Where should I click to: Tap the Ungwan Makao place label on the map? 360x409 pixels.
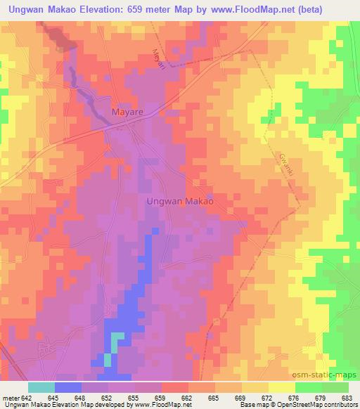click(179, 200)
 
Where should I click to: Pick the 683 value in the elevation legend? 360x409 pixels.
click(347, 398)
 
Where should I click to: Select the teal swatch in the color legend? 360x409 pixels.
click(41, 387)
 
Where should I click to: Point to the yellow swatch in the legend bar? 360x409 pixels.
click(281, 387)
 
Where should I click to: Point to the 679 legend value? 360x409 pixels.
click(321, 398)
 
